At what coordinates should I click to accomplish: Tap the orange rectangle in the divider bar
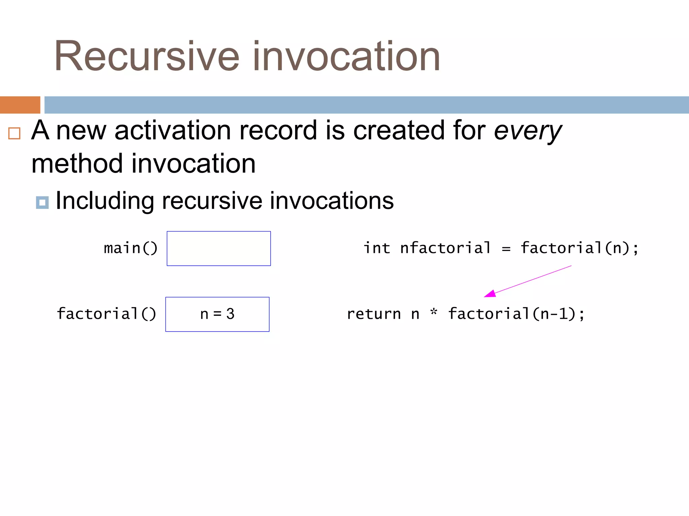20,105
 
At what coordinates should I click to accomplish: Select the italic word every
527,131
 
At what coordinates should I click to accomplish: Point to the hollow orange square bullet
14,133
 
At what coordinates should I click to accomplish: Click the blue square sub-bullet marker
42,203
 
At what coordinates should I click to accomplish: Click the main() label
131,249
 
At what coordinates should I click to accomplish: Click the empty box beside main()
219,249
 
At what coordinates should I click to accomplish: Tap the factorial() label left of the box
106,314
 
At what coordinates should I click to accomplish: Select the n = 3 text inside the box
217,314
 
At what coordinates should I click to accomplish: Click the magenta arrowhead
491,294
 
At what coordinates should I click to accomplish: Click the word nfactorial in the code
445,248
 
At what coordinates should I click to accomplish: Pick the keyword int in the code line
377,248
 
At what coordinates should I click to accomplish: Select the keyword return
374,314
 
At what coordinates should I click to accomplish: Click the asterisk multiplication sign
434,312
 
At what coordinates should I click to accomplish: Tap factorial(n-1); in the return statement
516,314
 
